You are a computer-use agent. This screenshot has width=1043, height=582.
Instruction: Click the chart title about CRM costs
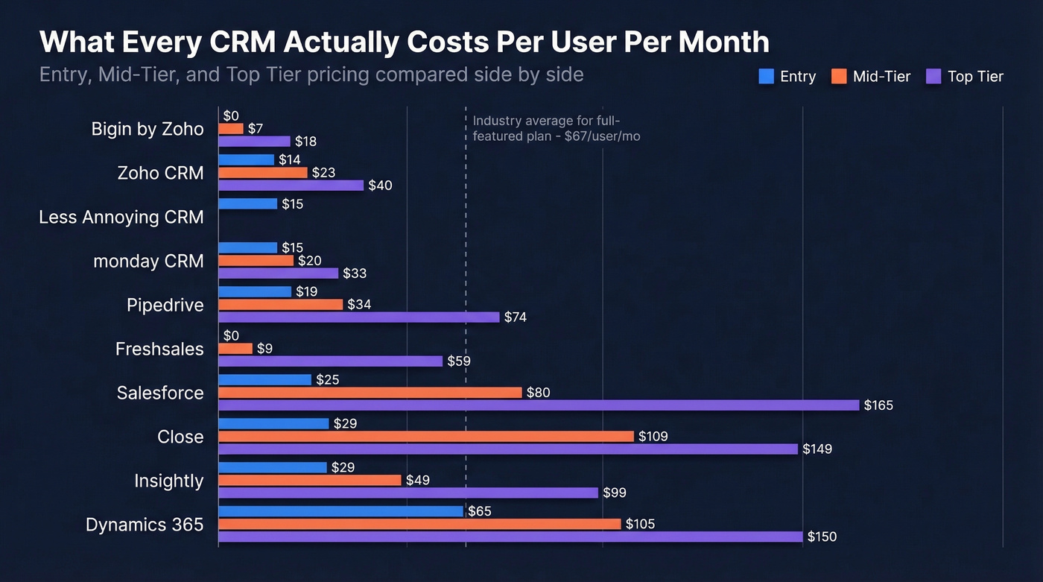[x=404, y=42]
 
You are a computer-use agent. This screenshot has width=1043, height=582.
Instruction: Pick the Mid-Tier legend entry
[x=871, y=76]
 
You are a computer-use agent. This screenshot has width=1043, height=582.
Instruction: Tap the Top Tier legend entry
[x=965, y=76]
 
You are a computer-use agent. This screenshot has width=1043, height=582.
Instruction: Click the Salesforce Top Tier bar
[x=539, y=405]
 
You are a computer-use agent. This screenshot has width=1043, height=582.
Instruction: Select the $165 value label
[x=878, y=405]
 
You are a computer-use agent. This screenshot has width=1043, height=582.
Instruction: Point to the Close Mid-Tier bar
[x=425, y=436]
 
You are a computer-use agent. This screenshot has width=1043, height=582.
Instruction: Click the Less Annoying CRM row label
[x=121, y=217]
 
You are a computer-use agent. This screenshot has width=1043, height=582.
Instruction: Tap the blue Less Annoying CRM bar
[x=247, y=203]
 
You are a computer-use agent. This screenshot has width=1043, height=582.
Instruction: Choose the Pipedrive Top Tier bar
[x=358, y=317]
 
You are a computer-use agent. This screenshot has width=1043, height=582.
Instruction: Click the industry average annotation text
[x=557, y=128]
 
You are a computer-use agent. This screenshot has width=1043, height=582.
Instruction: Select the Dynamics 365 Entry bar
[x=340, y=511]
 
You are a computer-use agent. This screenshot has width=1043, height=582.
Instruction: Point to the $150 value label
[x=822, y=537]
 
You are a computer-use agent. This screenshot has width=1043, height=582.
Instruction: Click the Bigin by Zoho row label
[x=148, y=129]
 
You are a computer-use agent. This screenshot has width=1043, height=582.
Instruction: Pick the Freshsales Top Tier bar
[x=330, y=361]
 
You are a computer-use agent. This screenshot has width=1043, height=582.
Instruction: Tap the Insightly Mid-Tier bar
[x=309, y=480]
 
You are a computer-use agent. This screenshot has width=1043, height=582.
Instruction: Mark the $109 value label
[x=653, y=436]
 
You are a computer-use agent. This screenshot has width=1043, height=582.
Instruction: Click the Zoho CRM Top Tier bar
[x=291, y=185]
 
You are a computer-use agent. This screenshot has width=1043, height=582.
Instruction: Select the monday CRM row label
[x=148, y=261]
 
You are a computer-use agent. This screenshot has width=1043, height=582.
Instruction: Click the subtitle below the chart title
[x=311, y=75]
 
